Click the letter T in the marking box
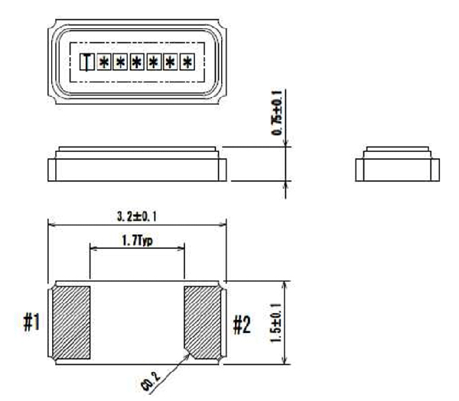tap(87, 62)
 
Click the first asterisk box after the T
tap(104, 62)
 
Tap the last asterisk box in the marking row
tap(187, 62)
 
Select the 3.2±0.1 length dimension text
tap(137, 217)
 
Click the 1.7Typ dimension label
tap(137, 241)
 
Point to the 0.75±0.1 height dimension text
tap(277, 113)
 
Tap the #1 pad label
tap(31, 322)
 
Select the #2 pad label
tap(242, 325)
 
